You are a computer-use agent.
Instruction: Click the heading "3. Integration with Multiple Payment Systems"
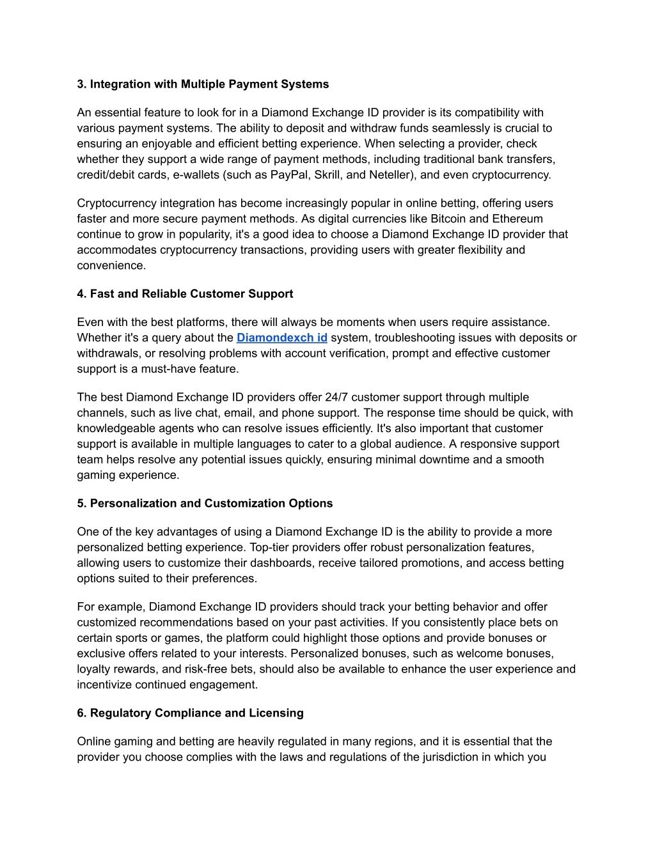[x=203, y=84]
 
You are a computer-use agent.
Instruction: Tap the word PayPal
[x=289, y=175]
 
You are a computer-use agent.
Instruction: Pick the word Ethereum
[x=517, y=219]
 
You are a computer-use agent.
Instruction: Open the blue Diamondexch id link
[x=281, y=338]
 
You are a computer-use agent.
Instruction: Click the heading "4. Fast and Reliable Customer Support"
[x=185, y=294]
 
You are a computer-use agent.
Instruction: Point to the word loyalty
[x=95, y=669]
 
